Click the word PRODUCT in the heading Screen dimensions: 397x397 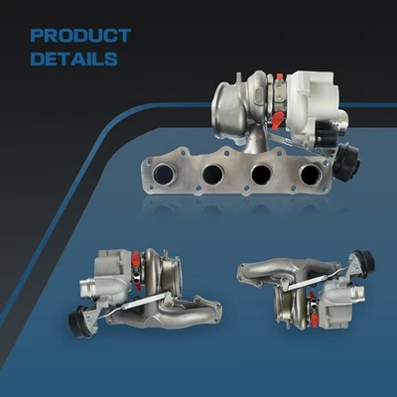(80, 36)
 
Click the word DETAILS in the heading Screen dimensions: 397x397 (73, 58)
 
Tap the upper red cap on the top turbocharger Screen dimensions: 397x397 (281, 78)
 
